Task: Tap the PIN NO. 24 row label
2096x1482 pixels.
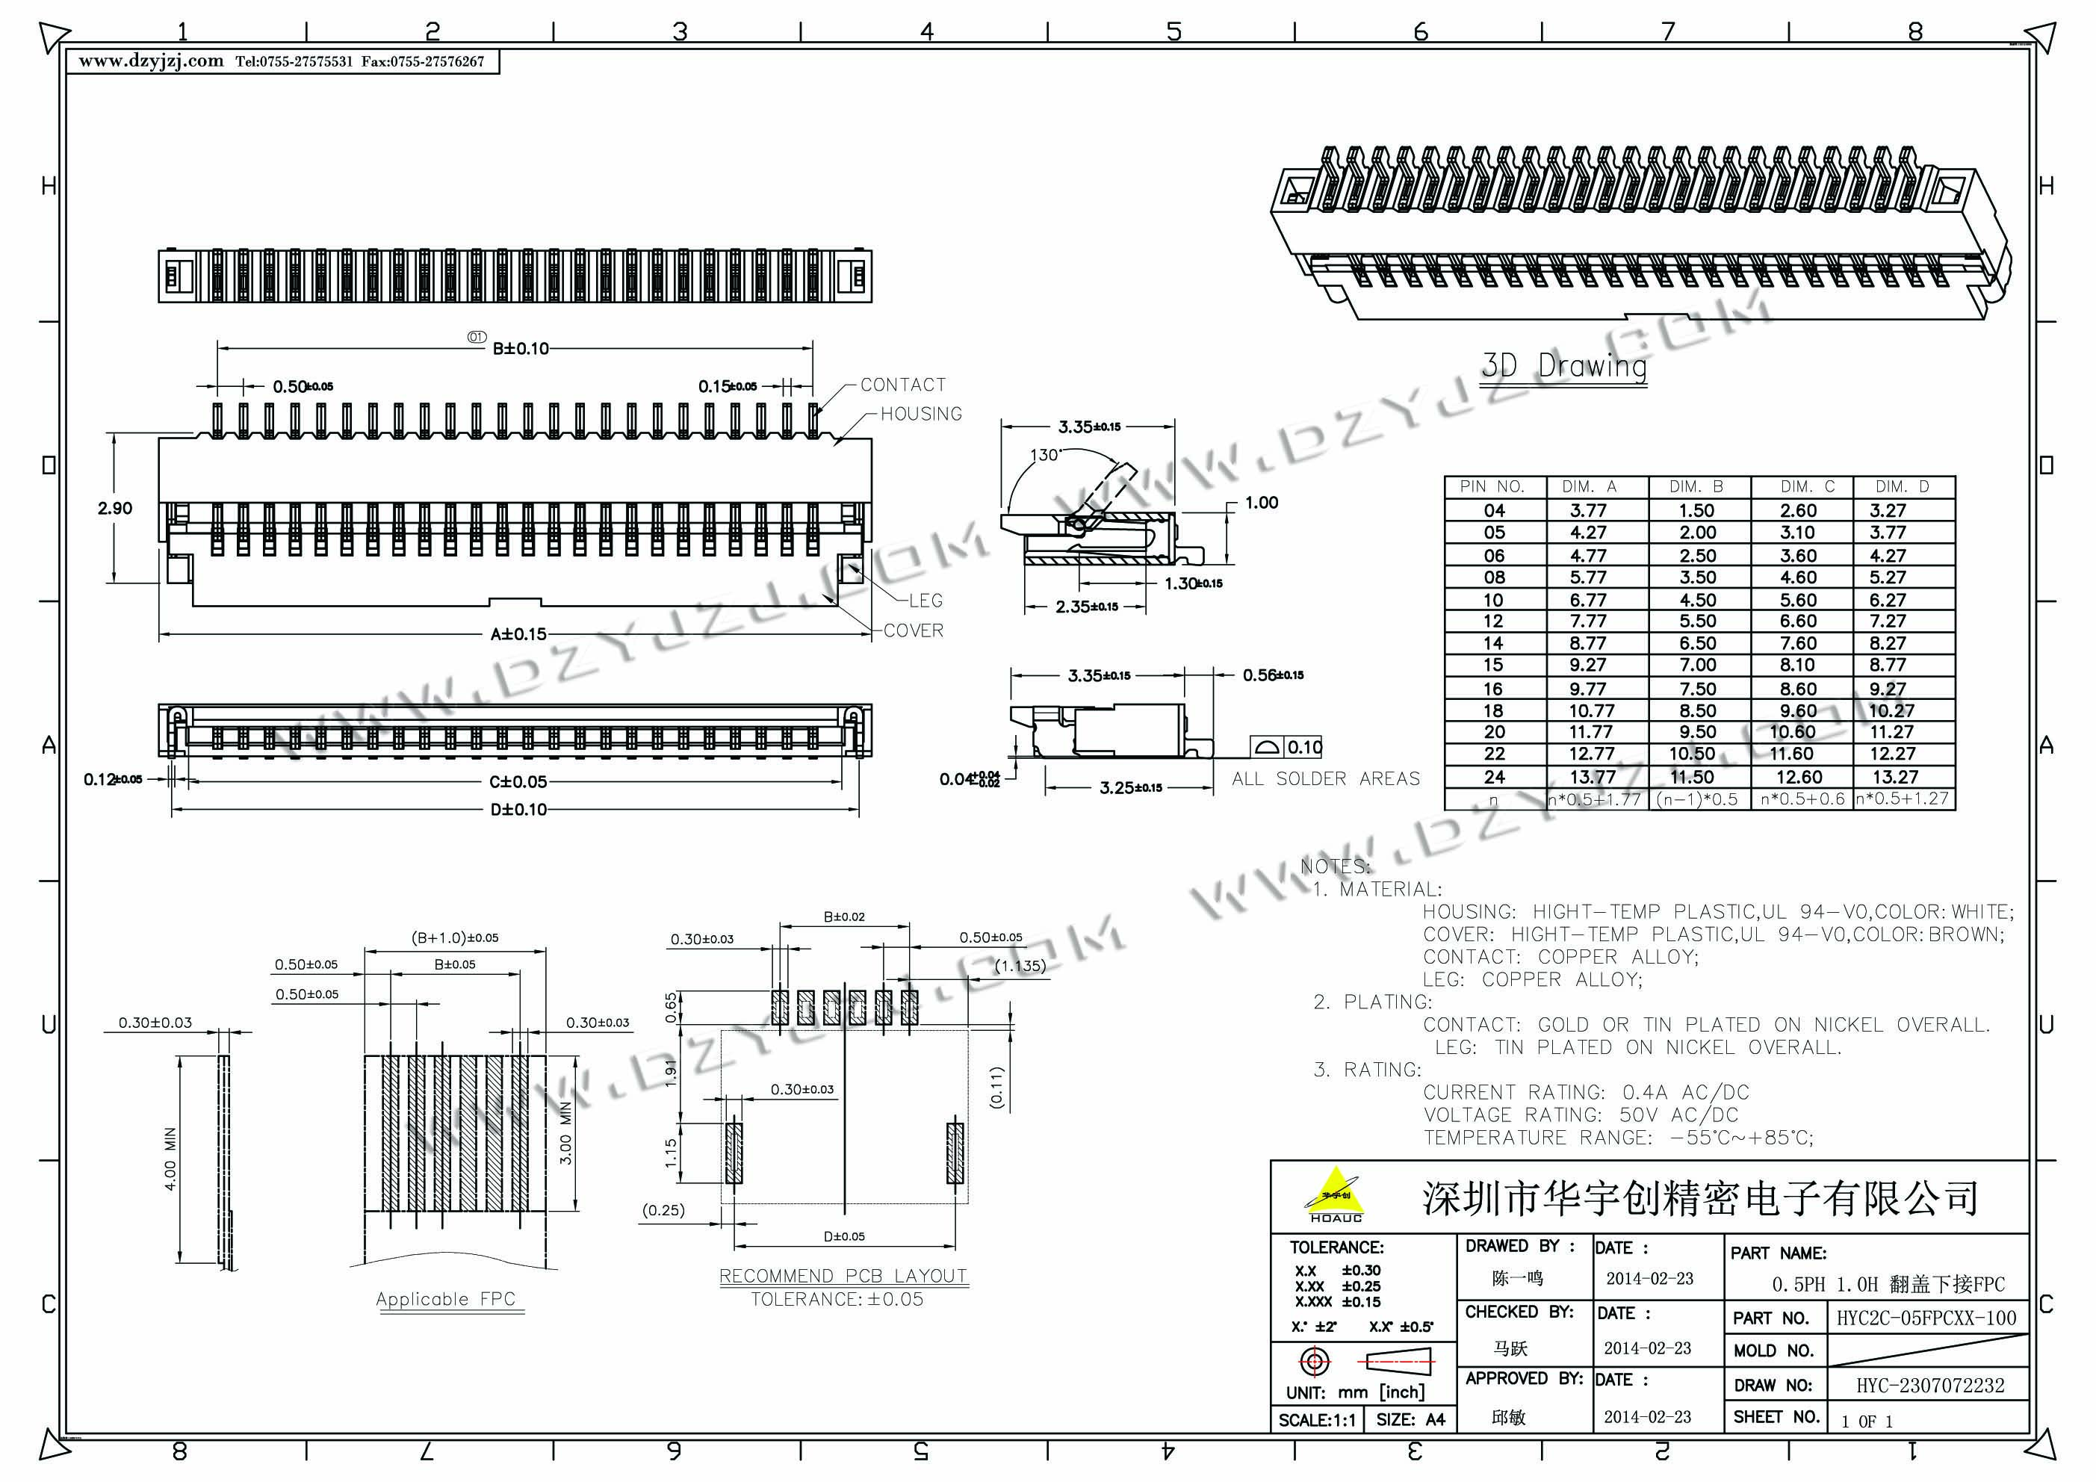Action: click(x=1493, y=777)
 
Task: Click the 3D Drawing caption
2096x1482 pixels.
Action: click(x=1564, y=366)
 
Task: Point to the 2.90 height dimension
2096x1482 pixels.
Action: click(x=115, y=509)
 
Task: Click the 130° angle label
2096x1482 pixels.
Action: click(x=1044, y=455)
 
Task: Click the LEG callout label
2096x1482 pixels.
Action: click(x=925, y=601)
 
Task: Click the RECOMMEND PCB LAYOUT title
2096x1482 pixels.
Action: click(x=843, y=1276)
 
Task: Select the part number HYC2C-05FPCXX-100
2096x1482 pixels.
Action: click(x=1926, y=1318)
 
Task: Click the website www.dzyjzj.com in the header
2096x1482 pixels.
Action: click(x=151, y=61)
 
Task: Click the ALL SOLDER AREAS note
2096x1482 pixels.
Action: click(x=1326, y=779)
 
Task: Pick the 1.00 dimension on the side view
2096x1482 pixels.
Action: click(x=1262, y=502)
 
